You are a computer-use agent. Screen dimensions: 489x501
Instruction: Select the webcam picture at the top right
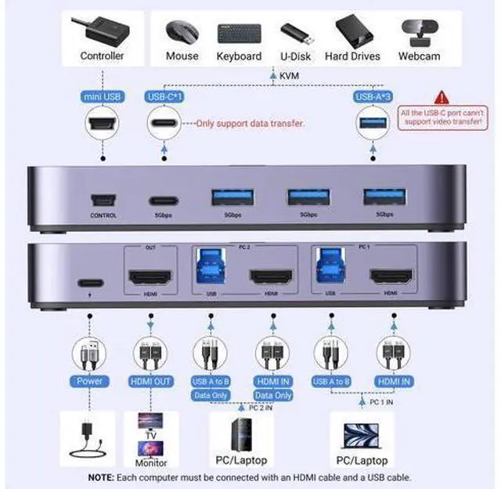pyautogui.click(x=422, y=32)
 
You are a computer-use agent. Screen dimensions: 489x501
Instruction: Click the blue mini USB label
pyautogui.click(x=102, y=96)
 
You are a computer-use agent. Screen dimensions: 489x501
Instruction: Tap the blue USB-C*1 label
pyautogui.click(x=164, y=96)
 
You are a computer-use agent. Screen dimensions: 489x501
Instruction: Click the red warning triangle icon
pyautogui.click(x=443, y=97)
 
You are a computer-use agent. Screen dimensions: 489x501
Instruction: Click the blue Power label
pyautogui.click(x=90, y=381)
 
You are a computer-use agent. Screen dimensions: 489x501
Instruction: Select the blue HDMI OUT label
pyautogui.click(x=151, y=381)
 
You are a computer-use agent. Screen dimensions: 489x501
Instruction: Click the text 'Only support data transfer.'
pyautogui.click(x=249, y=123)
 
